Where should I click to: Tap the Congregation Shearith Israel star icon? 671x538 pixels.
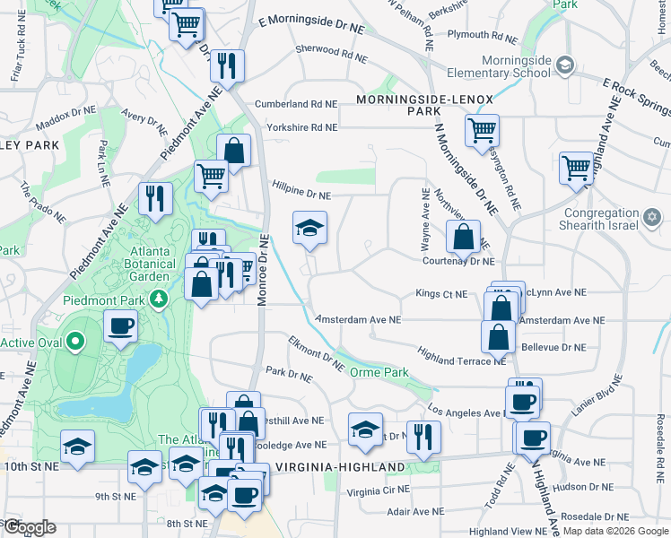point(653,217)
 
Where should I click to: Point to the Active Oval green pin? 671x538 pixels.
point(74,342)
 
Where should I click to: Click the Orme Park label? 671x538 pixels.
point(379,372)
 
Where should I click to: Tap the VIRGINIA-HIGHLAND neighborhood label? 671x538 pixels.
point(340,467)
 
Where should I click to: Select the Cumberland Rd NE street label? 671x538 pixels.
point(296,104)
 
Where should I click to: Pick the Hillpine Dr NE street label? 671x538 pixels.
point(301,188)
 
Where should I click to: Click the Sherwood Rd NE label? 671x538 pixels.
point(331,54)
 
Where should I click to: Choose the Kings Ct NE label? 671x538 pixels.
point(441,293)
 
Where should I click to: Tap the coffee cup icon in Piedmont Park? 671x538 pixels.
point(120,326)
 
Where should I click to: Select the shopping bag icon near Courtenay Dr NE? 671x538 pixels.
point(463,238)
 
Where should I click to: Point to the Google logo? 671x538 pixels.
point(29,527)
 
